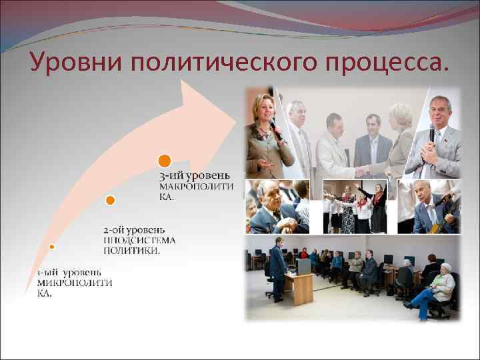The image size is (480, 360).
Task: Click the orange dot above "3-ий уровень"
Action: pos(165,161)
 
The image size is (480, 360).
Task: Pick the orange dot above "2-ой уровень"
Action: pos(110,199)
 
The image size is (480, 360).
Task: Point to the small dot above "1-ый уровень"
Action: pos(51,246)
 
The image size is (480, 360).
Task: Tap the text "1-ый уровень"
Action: pos(69,271)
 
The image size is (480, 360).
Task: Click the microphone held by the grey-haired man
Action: pos(431,137)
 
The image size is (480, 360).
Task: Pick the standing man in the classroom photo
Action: pos(277,267)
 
